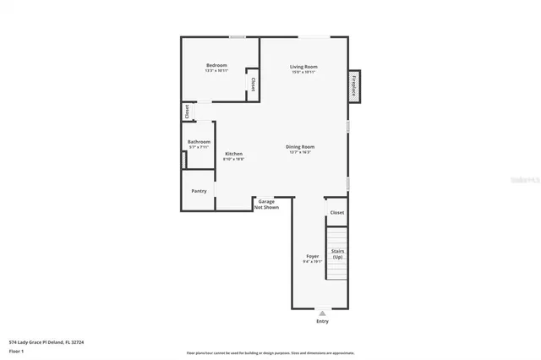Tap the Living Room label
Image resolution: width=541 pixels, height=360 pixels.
tap(303, 66)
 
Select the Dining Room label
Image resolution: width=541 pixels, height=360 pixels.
tap(300, 147)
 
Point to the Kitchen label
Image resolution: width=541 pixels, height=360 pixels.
tap(233, 153)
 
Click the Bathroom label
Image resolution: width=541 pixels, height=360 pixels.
tap(199, 141)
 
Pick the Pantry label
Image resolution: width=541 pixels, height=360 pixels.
tap(199, 191)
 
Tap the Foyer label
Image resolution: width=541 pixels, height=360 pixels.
tap(312, 256)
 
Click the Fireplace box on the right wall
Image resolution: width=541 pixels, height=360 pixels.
tap(354, 86)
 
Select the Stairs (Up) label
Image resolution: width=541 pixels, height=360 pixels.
tap(337, 254)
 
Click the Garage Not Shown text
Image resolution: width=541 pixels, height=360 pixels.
tap(268, 204)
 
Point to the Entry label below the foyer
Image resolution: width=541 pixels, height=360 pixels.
tap(322, 321)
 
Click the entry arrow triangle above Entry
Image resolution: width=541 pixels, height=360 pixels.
tap(322, 313)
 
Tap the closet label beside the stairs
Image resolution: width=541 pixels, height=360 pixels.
tap(336, 212)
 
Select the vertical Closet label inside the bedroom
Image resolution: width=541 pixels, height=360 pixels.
tap(253, 85)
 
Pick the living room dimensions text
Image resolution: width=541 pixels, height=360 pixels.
tap(303, 72)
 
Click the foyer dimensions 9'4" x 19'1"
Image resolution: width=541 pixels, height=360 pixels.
tap(312, 262)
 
